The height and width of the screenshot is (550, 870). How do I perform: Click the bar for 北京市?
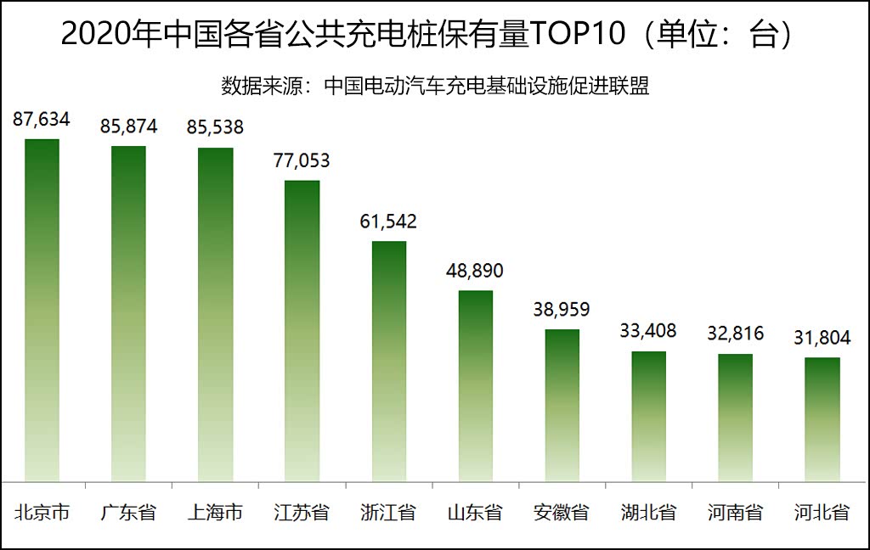pos(42,310)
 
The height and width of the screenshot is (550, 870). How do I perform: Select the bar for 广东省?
pos(128,313)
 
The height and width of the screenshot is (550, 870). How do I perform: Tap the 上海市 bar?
pos(215,314)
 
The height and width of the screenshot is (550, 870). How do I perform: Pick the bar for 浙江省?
pos(389,361)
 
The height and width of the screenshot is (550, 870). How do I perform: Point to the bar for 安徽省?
pos(562,405)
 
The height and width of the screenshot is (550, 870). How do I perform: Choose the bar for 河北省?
pos(822,419)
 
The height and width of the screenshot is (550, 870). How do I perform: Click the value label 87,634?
pos(42,120)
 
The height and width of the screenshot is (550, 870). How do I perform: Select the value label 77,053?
pos(302,160)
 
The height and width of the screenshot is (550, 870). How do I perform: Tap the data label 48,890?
pos(475,271)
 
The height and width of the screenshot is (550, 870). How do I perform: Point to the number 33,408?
pos(648,330)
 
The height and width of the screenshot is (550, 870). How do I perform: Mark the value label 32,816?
pos(735,333)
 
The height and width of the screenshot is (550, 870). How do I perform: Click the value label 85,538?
pos(215,128)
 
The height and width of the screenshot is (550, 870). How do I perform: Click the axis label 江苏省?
pos(302,513)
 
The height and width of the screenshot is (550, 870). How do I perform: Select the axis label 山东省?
pos(475,513)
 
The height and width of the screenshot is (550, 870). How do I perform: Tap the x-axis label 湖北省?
pos(648,513)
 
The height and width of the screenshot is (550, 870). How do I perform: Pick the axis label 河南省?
pos(735,513)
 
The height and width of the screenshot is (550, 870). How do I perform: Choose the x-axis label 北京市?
pos(42,513)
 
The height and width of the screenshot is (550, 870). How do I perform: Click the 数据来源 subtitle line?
pos(435,87)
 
